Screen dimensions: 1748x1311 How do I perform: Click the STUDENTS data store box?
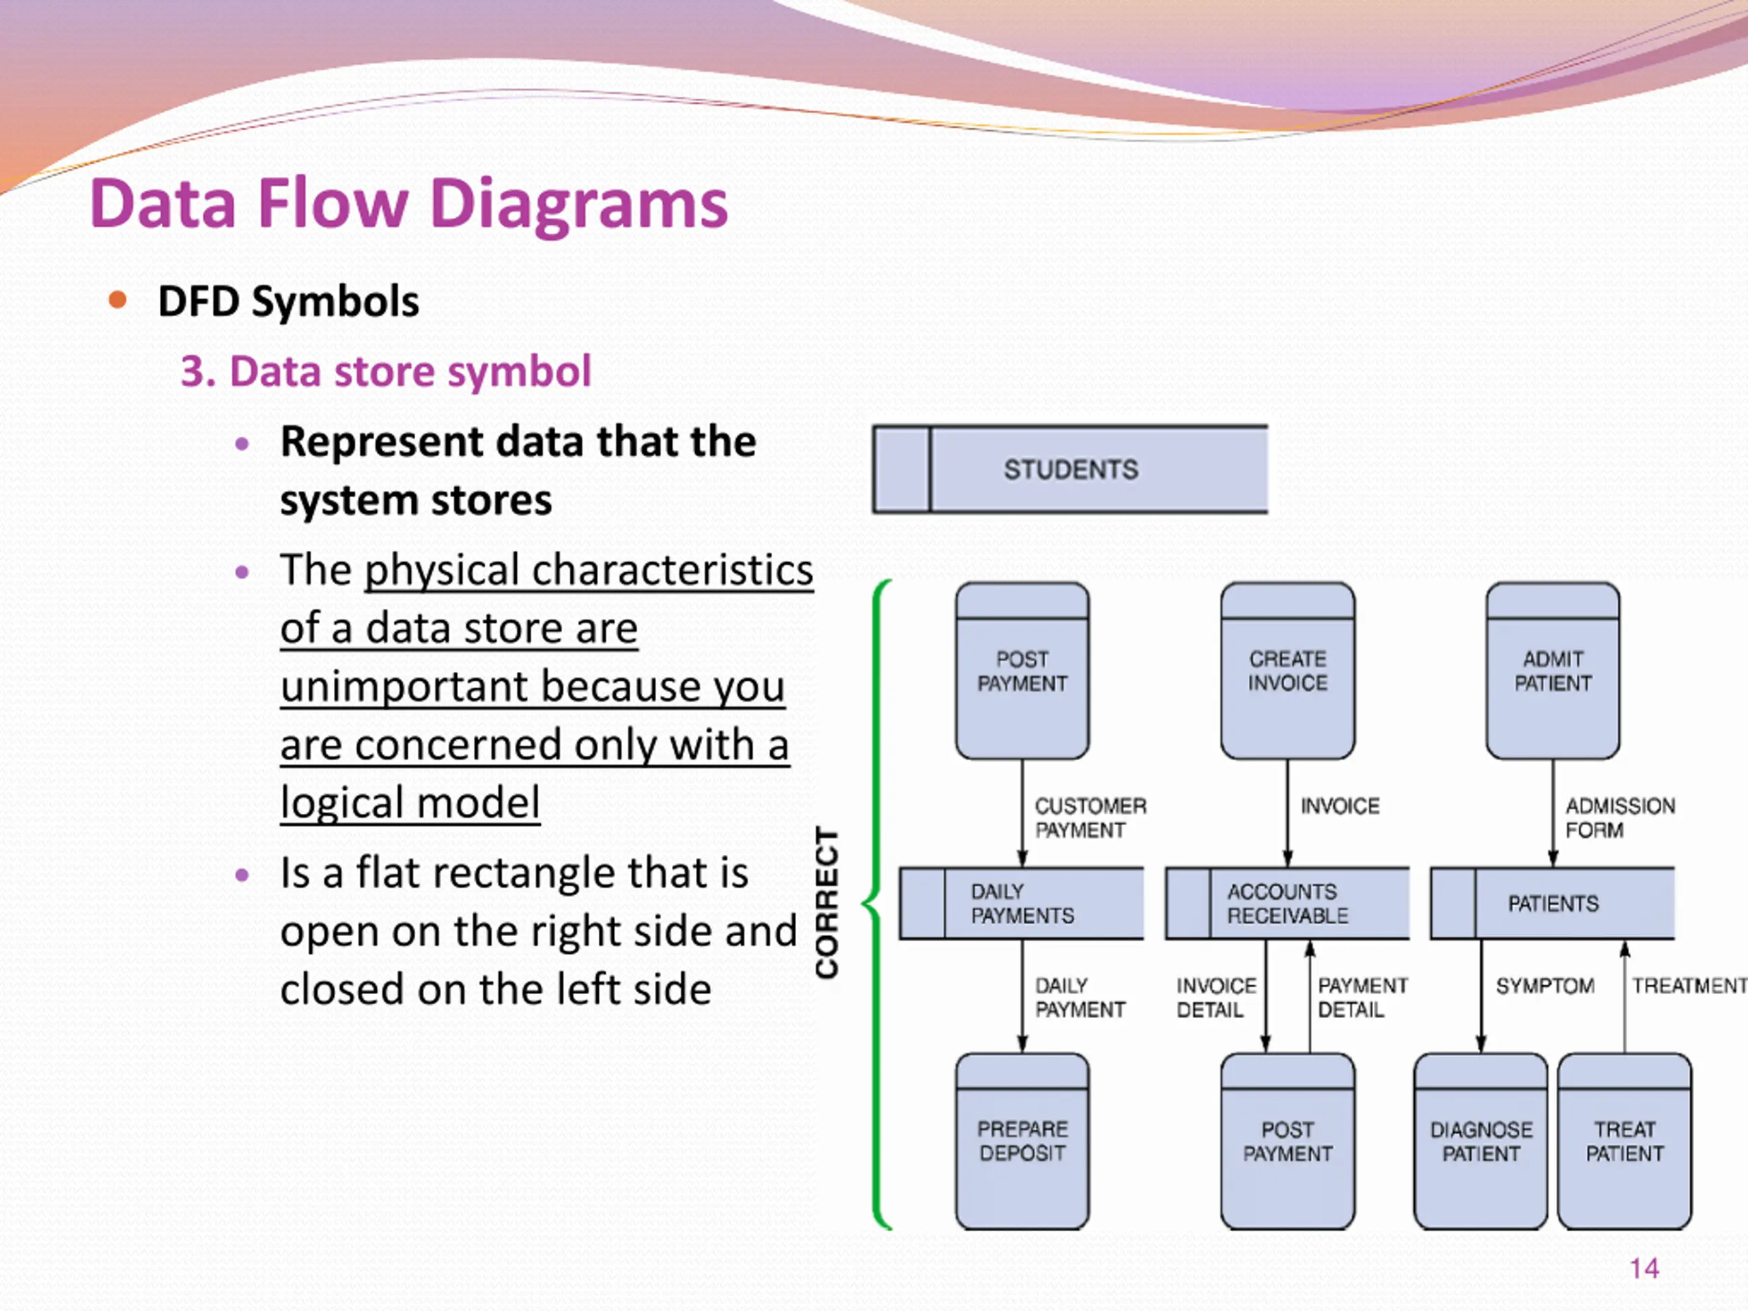[1070, 469]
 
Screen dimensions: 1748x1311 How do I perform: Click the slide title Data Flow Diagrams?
[408, 204]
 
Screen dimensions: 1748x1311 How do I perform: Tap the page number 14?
[1644, 1269]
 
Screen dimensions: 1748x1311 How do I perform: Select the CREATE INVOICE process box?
[1287, 671]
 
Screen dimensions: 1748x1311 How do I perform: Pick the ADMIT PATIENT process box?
[1553, 671]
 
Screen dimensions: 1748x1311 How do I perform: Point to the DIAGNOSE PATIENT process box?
[1481, 1141]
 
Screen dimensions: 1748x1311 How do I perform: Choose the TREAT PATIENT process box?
[1624, 1141]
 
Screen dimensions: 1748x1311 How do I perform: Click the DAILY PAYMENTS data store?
[1021, 903]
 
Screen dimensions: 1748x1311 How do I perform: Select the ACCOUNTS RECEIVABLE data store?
[1287, 903]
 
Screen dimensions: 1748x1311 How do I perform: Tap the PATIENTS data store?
[1552, 903]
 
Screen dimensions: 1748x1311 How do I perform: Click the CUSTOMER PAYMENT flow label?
[1090, 818]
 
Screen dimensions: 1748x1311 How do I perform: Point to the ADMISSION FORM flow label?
[1620, 818]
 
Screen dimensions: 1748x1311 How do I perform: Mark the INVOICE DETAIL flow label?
[1216, 998]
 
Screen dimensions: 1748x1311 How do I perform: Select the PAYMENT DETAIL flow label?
[1362, 998]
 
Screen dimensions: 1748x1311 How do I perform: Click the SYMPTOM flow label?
[1545, 985]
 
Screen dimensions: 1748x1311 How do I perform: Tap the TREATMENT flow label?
[1689, 985]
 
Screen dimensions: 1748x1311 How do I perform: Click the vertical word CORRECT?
[827, 903]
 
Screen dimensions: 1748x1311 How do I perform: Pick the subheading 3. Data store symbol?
[386, 371]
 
